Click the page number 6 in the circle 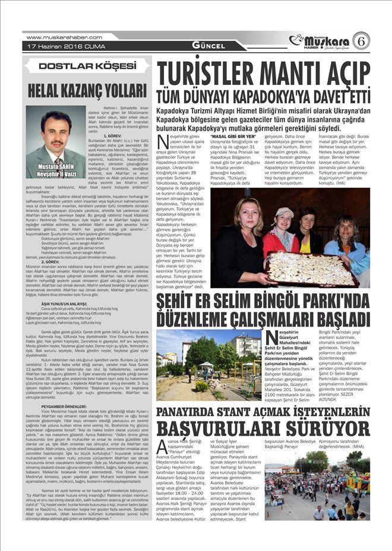click(x=361, y=40)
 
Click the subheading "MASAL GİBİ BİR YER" click(x=233, y=137)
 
